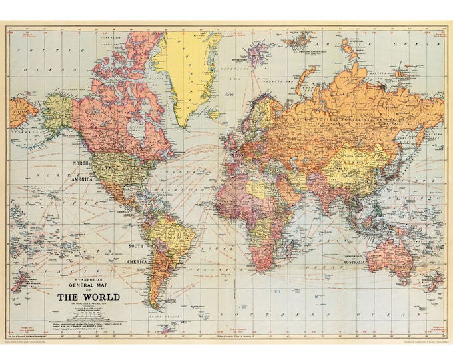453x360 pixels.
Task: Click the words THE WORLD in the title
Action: pyautogui.click(x=88, y=297)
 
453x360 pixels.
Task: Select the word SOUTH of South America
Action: pyautogui.click(x=136, y=246)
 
